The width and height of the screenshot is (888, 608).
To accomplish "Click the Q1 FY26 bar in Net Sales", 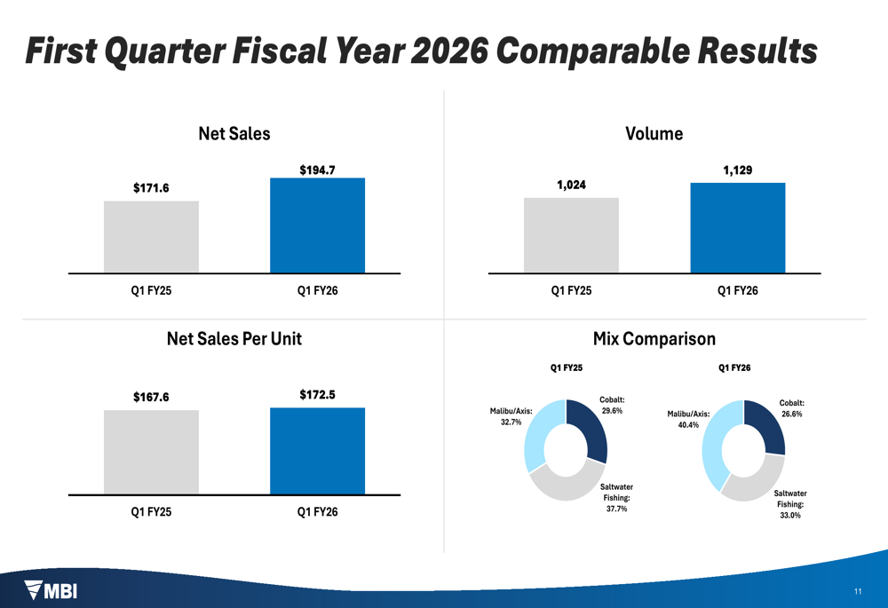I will pos(317,225).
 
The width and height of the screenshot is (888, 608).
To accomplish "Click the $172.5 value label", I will pos(317,394).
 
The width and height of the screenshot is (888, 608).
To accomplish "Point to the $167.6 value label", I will pos(151,397).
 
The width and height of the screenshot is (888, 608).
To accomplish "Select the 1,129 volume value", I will pos(737,170).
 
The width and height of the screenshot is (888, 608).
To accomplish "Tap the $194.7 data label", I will pos(317,170).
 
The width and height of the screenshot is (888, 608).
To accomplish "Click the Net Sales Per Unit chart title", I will pos(234,338).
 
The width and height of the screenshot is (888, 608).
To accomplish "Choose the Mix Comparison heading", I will pos(654,338).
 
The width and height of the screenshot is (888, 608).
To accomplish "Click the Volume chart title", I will pos(654,134).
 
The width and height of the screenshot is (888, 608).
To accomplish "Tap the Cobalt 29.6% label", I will pos(611,405).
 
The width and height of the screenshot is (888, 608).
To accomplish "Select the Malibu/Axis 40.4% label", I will pos(688,419).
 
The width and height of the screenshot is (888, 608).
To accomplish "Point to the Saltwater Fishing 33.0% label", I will pos(789,504).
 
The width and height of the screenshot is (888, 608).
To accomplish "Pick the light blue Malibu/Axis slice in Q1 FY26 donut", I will pos(714,444).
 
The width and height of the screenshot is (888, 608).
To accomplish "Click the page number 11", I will pos(857,591).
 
